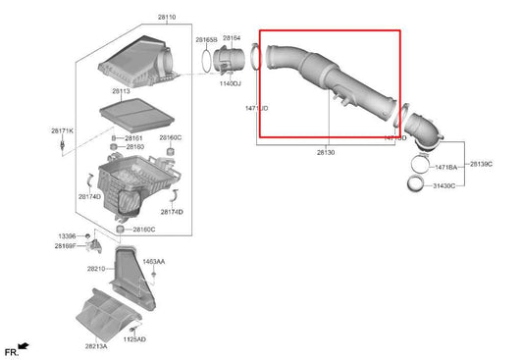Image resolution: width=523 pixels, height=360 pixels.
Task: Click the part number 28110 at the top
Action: pos(137,18)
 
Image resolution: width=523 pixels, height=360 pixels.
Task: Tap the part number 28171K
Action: pos(62,129)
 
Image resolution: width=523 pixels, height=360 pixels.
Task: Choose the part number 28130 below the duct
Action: pos(326,153)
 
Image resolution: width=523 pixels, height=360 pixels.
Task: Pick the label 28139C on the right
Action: pos(482,163)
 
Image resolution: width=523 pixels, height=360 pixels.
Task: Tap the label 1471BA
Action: pos(446,168)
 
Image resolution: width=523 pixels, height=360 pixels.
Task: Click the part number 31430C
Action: pos(446,184)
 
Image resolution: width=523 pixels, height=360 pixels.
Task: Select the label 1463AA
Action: pos(153,262)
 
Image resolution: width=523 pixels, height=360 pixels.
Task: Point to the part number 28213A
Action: pos(95,345)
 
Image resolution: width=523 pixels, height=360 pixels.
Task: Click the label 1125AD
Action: pos(134,338)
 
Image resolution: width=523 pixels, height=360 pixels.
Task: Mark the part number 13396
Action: pos(66,236)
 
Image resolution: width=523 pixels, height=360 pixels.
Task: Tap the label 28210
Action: pos(95,268)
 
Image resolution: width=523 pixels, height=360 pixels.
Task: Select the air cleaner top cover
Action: pos(134,60)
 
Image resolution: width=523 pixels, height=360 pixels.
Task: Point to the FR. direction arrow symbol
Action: pos(22,348)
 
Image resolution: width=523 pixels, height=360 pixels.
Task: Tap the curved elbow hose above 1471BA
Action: pos(423,131)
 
